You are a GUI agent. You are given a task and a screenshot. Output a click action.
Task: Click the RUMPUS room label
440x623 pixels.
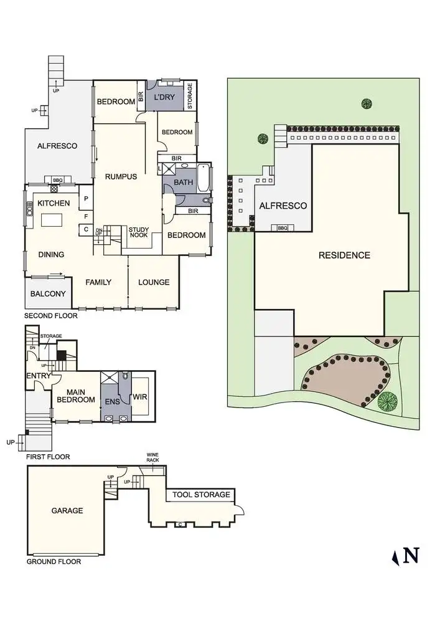click(x=121, y=177)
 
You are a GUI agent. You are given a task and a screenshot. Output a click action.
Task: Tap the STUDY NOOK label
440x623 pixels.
click(x=139, y=233)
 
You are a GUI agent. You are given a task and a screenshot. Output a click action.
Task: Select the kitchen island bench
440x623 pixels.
click(x=52, y=219)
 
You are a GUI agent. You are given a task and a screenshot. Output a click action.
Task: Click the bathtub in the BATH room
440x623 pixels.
click(x=204, y=178)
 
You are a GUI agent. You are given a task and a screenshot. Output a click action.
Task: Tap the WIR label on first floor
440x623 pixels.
click(x=140, y=395)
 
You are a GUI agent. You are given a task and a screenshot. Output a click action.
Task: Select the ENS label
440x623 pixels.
click(x=113, y=402)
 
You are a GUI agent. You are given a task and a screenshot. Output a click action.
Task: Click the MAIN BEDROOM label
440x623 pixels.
click(x=76, y=395)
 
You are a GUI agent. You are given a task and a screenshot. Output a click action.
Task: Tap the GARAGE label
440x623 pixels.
click(x=67, y=511)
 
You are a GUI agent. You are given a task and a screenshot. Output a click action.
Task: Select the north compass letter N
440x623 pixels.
click(x=411, y=555)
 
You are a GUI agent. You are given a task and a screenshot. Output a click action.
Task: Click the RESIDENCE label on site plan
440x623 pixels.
click(x=344, y=255)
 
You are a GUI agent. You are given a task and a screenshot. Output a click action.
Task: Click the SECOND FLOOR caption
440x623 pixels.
click(x=51, y=316)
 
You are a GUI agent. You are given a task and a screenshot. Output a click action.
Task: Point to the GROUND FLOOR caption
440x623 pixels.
click(x=54, y=561)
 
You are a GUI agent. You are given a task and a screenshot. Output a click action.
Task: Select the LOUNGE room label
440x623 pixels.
click(x=154, y=282)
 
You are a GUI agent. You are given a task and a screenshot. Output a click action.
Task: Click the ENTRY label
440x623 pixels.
click(x=38, y=376)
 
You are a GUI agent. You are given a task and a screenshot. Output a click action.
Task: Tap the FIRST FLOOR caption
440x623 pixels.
click(x=48, y=457)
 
